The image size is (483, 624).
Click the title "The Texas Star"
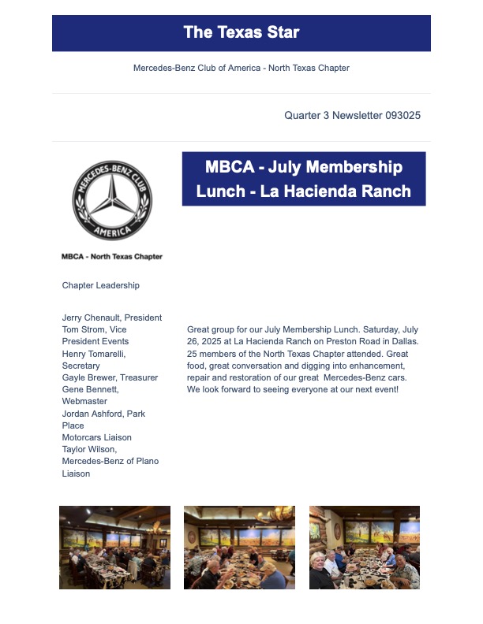pos(241,32)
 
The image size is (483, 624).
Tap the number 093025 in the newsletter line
pos(402,115)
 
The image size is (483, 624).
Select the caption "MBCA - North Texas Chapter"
pos(112,256)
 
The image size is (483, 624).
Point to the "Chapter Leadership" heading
pos(100,285)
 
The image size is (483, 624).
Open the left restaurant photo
pos(114,548)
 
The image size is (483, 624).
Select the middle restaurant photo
pos(239,548)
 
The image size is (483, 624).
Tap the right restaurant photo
pos(364,548)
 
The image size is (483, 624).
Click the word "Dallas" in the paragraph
pos(404,341)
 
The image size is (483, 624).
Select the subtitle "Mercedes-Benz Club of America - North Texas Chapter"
pos(241,68)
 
